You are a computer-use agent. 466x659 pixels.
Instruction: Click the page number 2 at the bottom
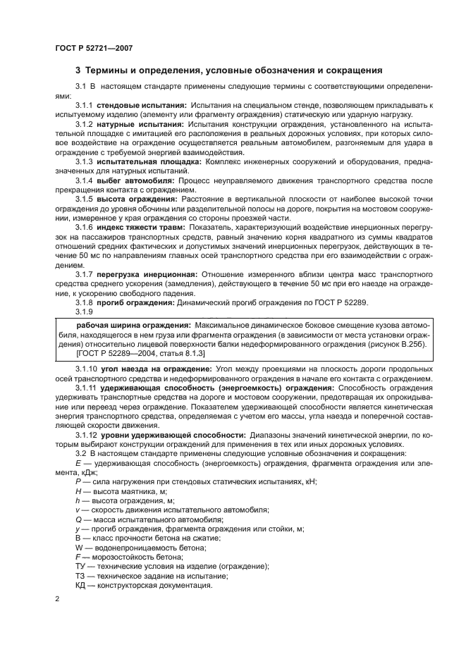(57, 598)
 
